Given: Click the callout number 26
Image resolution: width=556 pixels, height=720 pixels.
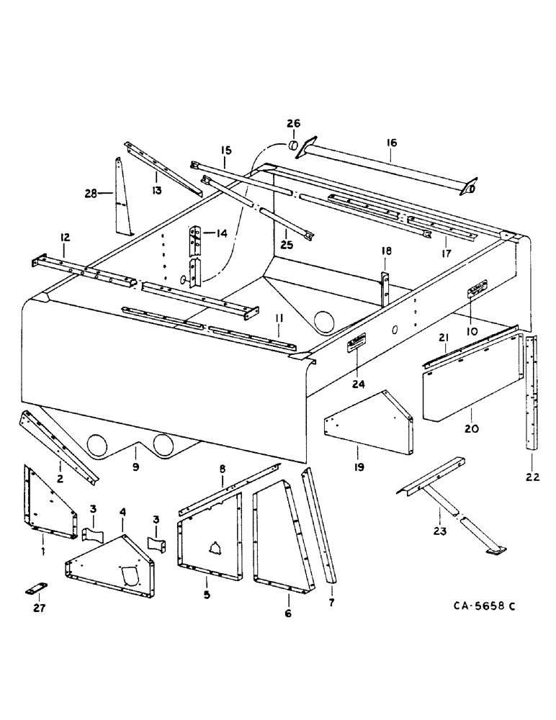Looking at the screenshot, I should click(x=295, y=123).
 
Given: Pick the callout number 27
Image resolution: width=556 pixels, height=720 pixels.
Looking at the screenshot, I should click(x=39, y=608).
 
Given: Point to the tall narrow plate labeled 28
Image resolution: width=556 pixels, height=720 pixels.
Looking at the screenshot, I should click(x=124, y=196).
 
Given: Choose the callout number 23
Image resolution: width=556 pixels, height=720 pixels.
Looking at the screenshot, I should click(x=439, y=532).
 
